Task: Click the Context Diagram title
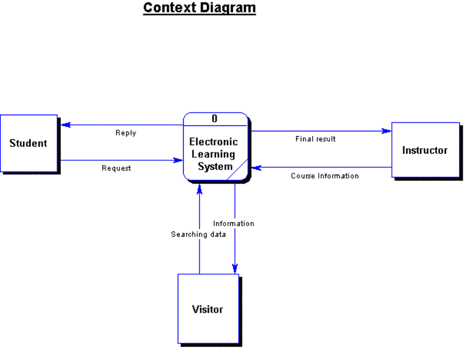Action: tap(199, 8)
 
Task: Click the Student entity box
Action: tap(28, 143)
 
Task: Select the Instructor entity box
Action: tap(424, 150)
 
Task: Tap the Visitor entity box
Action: tap(208, 310)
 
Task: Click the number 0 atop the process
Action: tap(214, 119)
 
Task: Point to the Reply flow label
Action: tap(126, 133)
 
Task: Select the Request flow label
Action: tap(116, 169)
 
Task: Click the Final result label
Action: tap(315, 139)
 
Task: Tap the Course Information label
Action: tap(325, 176)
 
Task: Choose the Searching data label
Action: tap(199, 235)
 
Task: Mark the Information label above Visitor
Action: tap(233, 224)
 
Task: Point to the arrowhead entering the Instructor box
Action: tap(387, 131)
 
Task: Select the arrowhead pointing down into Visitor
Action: tap(235, 269)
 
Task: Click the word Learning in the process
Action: tap(214, 154)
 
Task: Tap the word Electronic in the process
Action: tap(214, 142)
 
